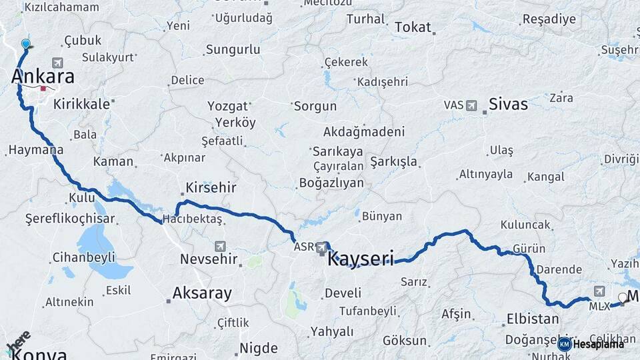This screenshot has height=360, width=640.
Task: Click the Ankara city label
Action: pyautogui.click(x=43, y=77)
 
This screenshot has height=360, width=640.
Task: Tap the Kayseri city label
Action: pyautogui.click(x=360, y=257)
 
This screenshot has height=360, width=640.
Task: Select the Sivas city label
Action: pyautogui.click(x=508, y=104)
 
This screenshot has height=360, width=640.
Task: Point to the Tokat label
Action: pyautogui.click(x=413, y=27)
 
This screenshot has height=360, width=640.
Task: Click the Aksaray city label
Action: pyautogui.click(x=202, y=293)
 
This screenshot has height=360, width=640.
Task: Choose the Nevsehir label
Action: pyautogui.click(x=205, y=259)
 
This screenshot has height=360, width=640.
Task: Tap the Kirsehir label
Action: pyautogui.click(x=211, y=187)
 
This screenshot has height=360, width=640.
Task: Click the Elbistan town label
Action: pyautogui.click(x=533, y=319)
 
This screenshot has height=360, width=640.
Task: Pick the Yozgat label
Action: pyautogui.click(x=227, y=107)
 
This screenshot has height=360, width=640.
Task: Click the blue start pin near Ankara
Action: pyautogui.click(x=26, y=45)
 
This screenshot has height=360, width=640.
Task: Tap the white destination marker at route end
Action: pyautogui.click(x=623, y=298)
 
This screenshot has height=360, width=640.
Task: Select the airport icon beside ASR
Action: pyautogui.click(x=323, y=247)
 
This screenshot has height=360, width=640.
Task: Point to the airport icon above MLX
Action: pyautogui.click(x=599, y=291)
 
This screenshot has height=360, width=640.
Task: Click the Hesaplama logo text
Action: pyautogui.click(x=598, y=344)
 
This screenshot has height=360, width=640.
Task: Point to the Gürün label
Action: pyautogui.click(x=529, y=249)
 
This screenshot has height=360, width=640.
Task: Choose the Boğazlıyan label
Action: pyautogui.click(x=332, y=183)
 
